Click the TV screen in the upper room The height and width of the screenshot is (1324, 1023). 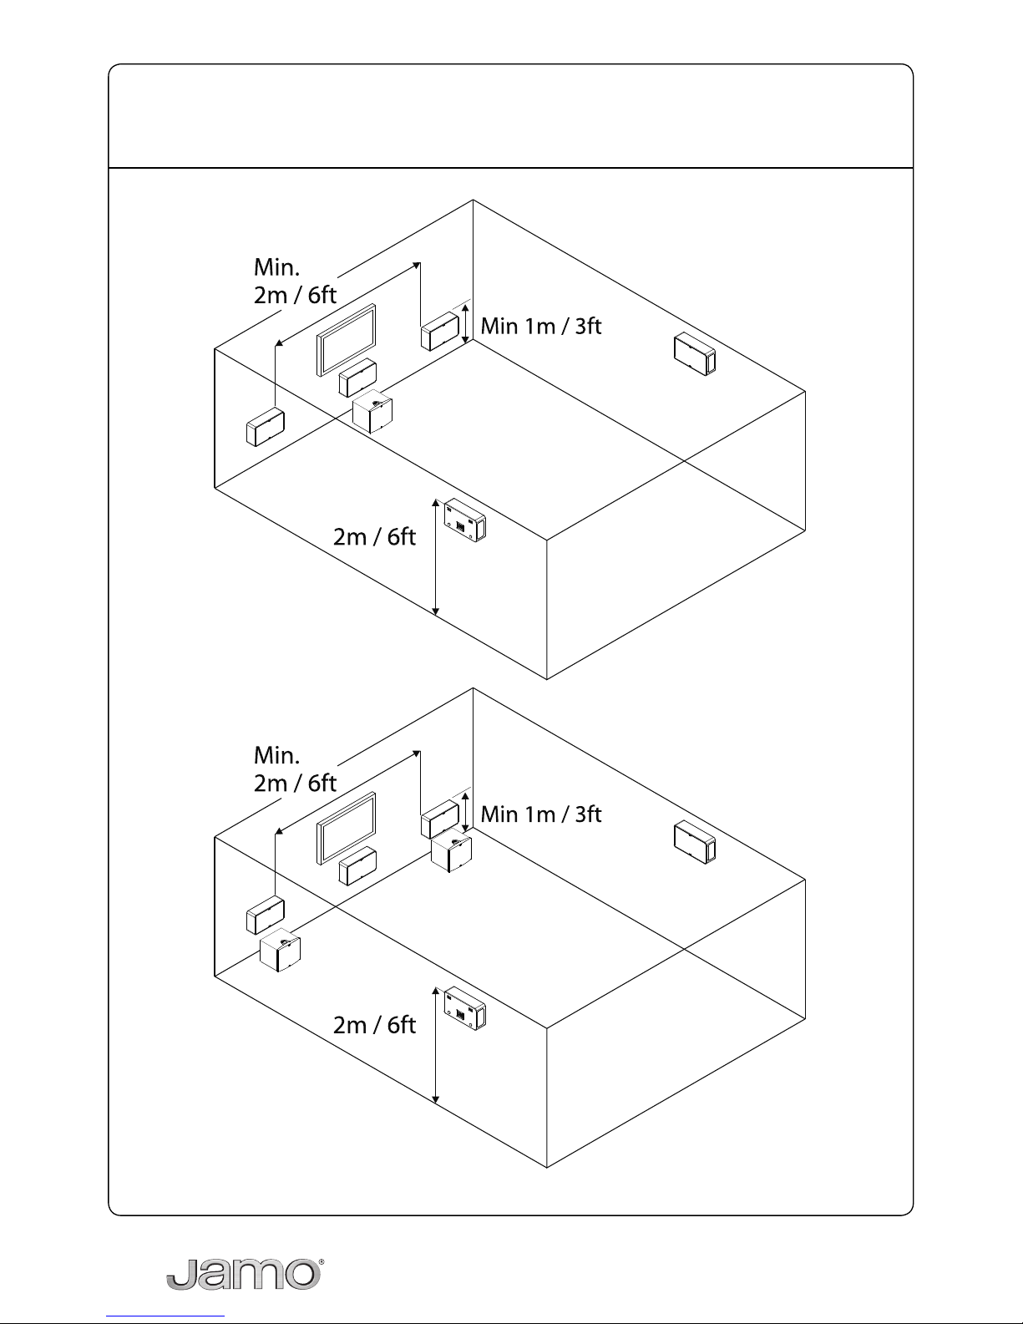346,340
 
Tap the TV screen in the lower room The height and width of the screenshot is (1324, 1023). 346,828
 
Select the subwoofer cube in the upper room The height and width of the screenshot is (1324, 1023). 372,411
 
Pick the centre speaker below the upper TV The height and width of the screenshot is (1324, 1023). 357,378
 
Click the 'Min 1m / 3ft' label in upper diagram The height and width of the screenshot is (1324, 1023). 541,326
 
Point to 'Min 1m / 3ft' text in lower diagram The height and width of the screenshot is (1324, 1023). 541,814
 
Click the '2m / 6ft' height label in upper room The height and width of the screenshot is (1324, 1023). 374,537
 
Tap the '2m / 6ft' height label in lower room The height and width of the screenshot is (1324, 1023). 374,1025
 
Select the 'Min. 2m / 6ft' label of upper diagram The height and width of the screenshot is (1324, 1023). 295,281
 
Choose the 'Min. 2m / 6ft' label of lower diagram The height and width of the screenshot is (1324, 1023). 295,769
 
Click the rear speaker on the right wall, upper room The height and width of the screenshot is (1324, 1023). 695,354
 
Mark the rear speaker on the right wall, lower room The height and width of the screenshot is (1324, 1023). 695,842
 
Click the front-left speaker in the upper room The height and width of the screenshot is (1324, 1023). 266,427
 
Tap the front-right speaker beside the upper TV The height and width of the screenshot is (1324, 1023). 439,332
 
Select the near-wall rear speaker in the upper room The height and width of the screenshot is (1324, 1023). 465,520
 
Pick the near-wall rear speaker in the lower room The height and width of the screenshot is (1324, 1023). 465,1008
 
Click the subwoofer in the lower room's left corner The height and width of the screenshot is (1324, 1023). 280,950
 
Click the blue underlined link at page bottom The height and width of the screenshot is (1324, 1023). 165,1316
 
